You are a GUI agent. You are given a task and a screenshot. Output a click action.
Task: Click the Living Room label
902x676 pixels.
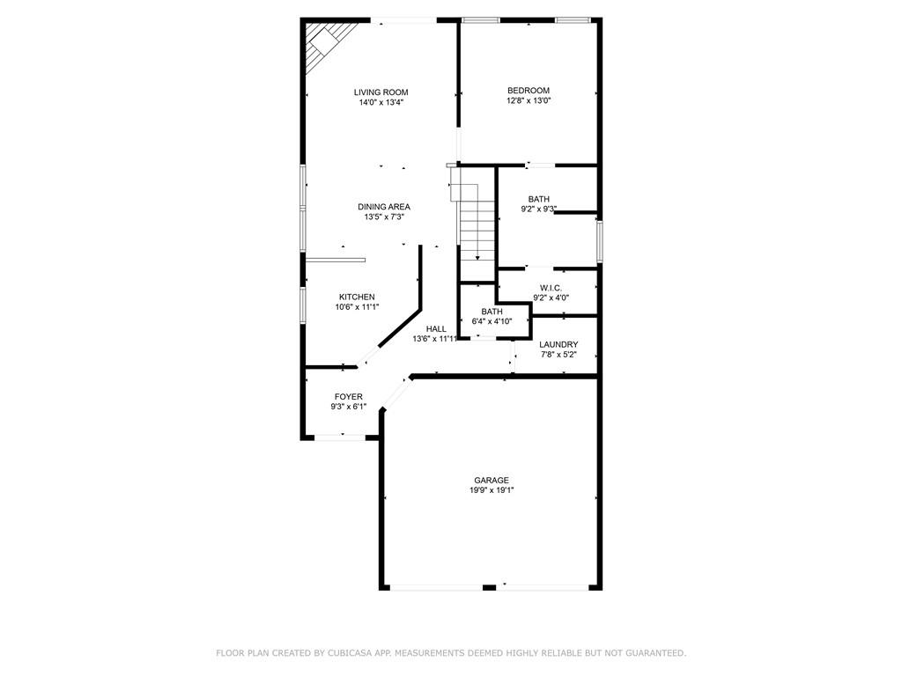(x=381, y=92)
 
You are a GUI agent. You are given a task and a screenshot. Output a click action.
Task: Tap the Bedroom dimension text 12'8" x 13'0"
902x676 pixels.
(x=529, y=101)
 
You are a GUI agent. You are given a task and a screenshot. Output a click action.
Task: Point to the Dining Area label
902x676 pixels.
(x=384, y=207)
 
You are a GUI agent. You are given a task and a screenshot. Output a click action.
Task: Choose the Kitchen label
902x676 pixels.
(x=357, y=297)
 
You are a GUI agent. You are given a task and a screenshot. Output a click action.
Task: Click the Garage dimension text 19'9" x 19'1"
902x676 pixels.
(x=492, y=490)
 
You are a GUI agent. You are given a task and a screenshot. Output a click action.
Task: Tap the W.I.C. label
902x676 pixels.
(x=551, y=288)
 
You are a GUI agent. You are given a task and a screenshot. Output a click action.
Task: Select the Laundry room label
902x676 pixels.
(x=558, y=344)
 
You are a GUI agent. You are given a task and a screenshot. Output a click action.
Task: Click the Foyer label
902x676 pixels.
(x=348, y=397)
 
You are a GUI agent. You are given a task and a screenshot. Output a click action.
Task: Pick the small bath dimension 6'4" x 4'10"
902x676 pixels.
(x=492, y=321)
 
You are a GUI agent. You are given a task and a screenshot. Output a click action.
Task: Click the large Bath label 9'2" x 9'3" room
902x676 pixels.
(x=539, y=199)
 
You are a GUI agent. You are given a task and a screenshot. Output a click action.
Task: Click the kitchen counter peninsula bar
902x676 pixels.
(x=336, y=260)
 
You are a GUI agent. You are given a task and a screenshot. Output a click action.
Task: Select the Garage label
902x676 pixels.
(x=492, y=480)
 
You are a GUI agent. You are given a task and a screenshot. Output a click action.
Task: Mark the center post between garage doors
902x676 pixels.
(x=489, y=587)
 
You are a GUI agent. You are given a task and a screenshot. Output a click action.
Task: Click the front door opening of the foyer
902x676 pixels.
(x=342, y=437)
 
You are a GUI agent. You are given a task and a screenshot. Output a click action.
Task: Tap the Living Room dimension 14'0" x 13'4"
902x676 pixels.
(x=381, y=103)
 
